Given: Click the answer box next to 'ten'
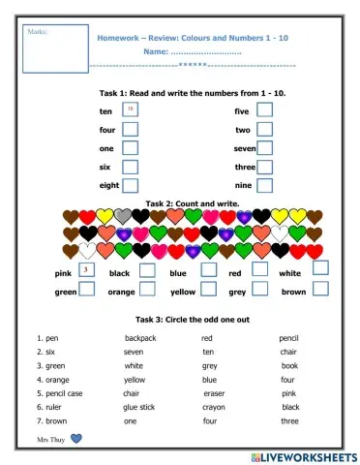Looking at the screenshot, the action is click(131, 111).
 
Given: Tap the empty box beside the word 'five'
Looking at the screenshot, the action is click(264, 110).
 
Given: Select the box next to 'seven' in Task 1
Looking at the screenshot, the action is click(264, 148).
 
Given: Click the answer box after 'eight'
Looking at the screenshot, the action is click(131, 185).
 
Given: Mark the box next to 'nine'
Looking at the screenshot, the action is click(264, 185).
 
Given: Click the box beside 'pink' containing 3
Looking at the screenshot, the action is click(86, 269).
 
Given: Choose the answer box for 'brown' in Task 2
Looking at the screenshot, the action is click(319, 289).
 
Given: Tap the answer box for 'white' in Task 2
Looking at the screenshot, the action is click(319, 268).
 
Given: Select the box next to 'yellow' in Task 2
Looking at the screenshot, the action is click(208, 289).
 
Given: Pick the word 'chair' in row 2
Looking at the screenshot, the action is click(288, 353).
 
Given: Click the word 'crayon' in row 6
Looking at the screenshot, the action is click(213, 408).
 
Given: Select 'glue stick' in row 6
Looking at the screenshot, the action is click(138, 408).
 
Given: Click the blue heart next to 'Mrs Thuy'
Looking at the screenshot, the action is click(77, 439).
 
